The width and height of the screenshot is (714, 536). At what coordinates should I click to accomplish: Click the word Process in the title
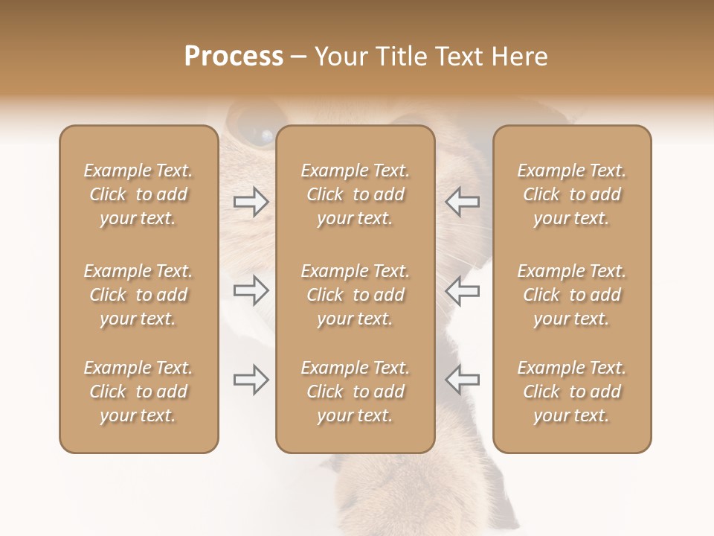coord(234,57)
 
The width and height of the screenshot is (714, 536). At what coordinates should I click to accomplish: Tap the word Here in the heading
coord(520,57)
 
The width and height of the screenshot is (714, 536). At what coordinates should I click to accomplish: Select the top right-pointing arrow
coord(251,202)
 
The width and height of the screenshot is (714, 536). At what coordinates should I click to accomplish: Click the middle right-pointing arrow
coord(251,290)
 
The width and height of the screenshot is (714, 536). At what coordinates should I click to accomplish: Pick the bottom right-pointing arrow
coord(251,380)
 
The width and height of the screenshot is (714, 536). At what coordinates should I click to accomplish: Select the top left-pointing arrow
coord(463,202)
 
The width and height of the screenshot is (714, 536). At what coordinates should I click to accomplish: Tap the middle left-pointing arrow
coord(463,290)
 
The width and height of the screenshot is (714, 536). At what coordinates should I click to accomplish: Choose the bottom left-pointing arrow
coord(463,380)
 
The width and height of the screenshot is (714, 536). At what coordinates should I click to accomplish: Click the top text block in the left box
coord(138,194)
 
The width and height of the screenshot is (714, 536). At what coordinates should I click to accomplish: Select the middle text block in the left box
coord(138,295)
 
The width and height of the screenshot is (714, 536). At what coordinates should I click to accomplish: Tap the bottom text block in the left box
coord(138,392)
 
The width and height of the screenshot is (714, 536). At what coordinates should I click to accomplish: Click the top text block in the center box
coord(355,194)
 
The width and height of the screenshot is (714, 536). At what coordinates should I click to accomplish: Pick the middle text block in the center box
coord(355,295)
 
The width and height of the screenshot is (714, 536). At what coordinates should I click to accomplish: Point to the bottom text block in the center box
coord(355,392)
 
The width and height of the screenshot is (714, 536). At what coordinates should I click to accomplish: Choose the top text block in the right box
coord(571,194)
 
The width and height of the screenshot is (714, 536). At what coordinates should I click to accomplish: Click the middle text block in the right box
coord(571,295)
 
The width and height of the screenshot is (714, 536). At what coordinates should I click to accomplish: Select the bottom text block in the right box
coord(571,392)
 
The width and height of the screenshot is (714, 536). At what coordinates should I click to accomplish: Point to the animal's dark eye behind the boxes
coord(260,135)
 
